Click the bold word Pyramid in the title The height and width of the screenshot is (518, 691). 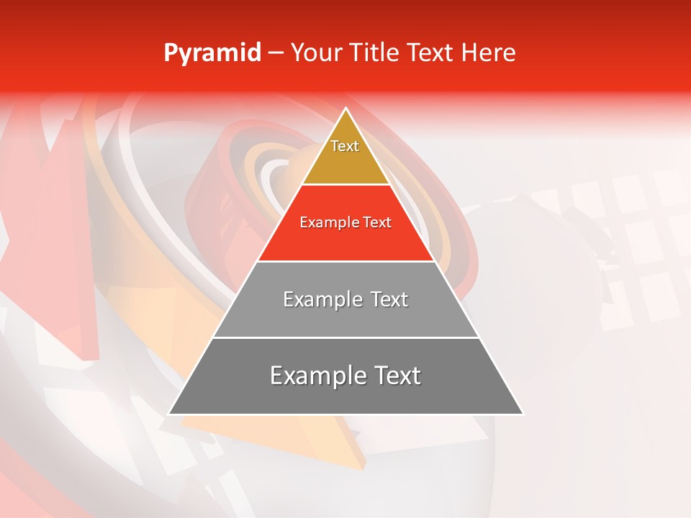click(x=212, y=53)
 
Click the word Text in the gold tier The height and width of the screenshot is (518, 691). click(x=345, y=146)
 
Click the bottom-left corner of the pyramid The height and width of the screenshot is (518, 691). click(x=169, y=414)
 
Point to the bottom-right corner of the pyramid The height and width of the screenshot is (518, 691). click(x=523, y=414)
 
